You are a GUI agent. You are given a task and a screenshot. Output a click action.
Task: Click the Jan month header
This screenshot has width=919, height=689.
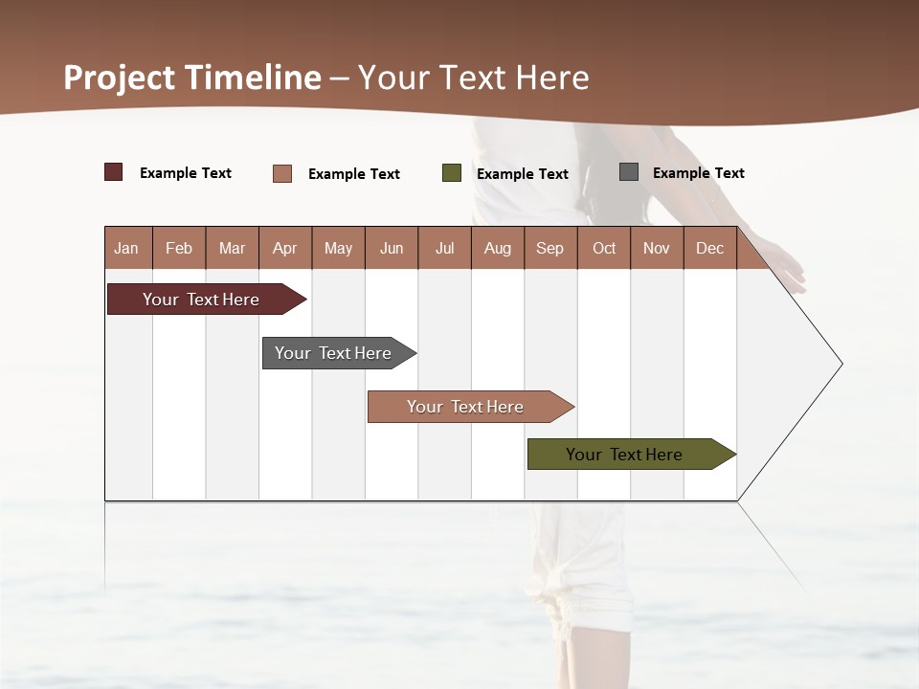pos(127,248)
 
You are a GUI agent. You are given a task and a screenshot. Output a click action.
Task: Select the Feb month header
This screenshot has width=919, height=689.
pos(179,248)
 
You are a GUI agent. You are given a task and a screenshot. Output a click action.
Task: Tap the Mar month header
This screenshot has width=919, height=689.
pos(232,248)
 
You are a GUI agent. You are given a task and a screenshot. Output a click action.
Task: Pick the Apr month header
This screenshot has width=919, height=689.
pos(285,248)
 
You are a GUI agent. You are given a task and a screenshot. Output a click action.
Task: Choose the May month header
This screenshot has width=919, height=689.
pos(338,248)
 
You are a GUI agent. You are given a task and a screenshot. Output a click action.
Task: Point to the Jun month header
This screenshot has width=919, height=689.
pos(392,248)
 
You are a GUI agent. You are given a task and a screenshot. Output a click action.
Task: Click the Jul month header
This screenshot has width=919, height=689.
pos(444,248)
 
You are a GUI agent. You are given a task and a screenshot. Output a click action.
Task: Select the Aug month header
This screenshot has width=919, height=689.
pos(498,248)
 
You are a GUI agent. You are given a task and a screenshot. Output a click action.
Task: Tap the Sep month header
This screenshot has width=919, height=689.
pos(550,248)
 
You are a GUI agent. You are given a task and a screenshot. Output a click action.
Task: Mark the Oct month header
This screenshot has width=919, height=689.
pos(604,248)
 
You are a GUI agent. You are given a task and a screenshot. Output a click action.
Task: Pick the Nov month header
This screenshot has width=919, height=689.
pos(657,248)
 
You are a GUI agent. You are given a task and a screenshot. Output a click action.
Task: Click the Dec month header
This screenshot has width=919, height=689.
pos(710,248)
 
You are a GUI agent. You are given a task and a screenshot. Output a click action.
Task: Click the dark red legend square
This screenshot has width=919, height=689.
pos(114,172)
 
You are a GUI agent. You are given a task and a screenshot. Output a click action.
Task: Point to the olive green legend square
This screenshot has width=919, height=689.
pos(452,173)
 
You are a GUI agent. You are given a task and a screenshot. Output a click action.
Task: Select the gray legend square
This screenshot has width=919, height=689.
pos(629,172)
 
